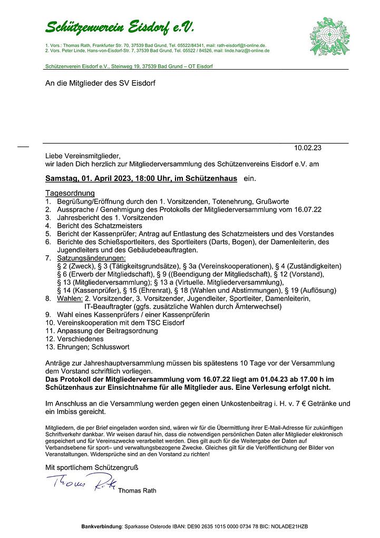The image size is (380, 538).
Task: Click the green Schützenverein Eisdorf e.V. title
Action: click(x=120, y=27)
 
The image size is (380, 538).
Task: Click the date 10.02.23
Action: click(x=308, y=148)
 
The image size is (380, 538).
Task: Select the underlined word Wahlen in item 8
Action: click(x=69, y=298)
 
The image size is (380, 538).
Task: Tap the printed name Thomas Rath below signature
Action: click(x=137, y=491)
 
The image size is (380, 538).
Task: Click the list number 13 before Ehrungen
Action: click(x=49, y=347)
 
